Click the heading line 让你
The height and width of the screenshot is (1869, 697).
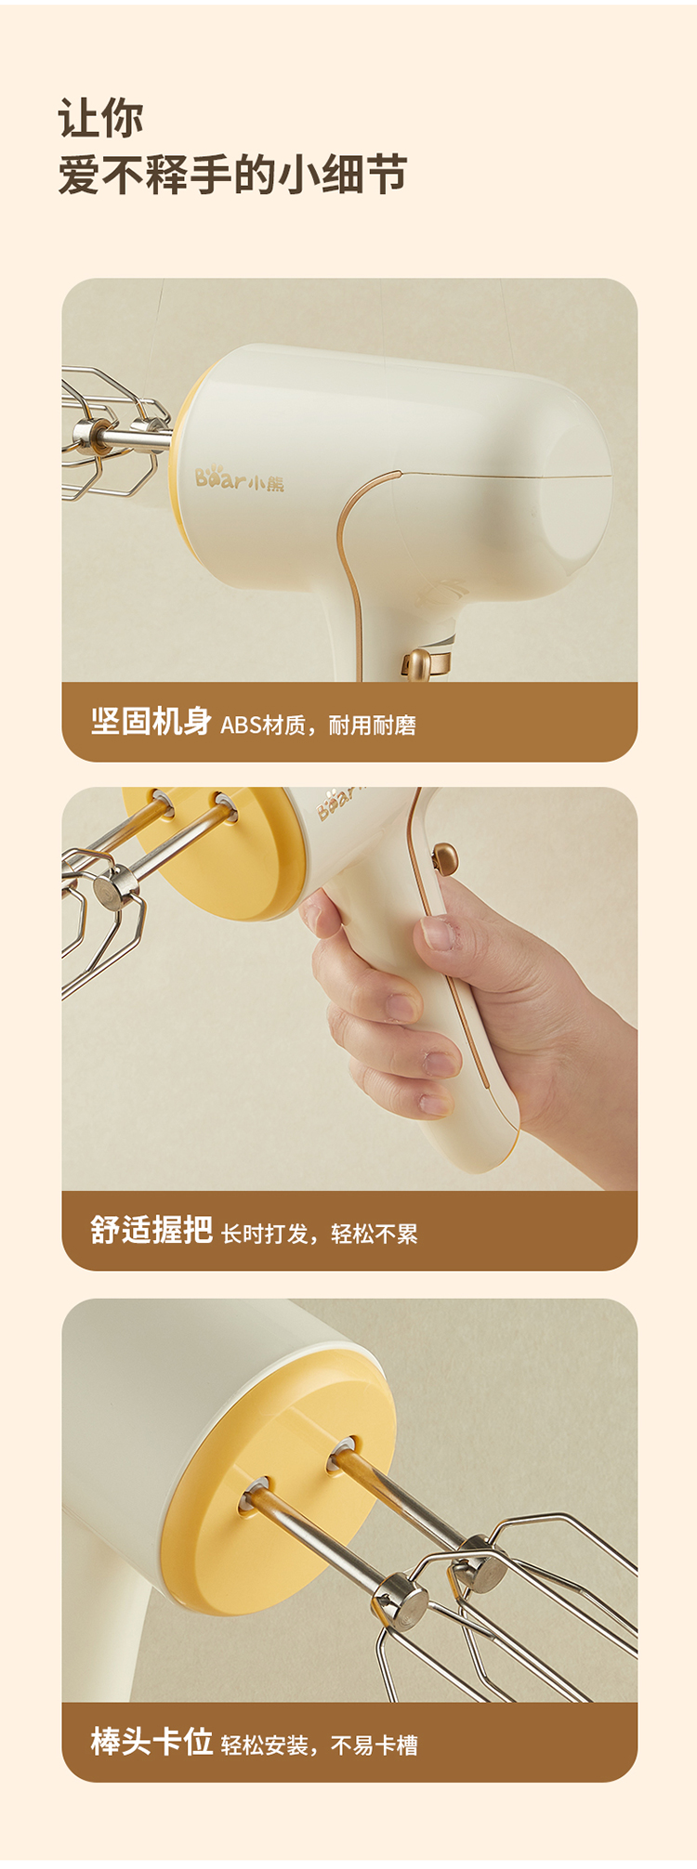[x=100, y=119]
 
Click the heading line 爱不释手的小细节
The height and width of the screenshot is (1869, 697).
[x=232, y=175]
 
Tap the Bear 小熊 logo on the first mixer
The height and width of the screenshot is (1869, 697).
[x=240, y=479]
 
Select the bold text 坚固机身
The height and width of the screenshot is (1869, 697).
[x=151, y=721]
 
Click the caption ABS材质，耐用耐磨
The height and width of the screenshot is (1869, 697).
[x=318, y=725]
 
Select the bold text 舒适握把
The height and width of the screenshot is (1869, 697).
[x=151, y=1230]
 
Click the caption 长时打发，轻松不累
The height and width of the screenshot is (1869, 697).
[x=319, y=1234]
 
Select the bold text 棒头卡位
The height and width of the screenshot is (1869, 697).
[x=151, y=1741]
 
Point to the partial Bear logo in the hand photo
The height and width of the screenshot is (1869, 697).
[x=338, y=802]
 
